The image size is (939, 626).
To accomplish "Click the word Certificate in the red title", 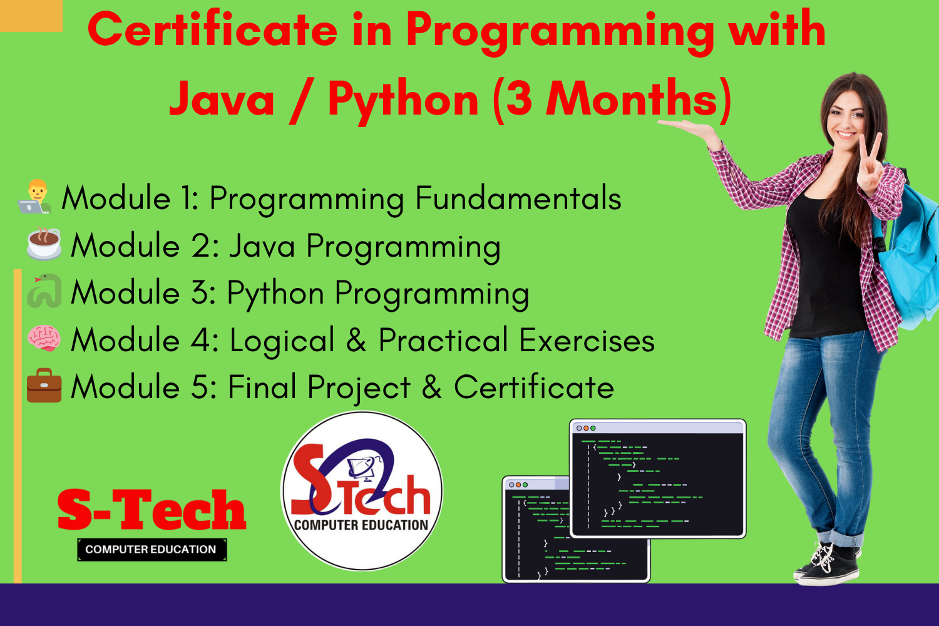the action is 213,30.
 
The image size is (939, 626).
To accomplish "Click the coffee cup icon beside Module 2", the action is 44,244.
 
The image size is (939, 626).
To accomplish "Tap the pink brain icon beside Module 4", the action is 44,339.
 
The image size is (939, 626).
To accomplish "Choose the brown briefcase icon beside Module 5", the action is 44,386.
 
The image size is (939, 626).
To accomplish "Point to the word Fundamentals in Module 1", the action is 518,198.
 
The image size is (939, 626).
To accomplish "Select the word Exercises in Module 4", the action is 587,340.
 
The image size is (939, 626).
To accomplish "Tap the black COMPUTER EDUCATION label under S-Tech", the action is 151,549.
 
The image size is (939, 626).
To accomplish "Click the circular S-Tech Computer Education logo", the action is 361,491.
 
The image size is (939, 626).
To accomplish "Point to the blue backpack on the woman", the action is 910,256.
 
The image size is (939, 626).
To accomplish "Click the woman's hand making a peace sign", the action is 871,166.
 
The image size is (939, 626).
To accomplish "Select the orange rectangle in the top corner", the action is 31,16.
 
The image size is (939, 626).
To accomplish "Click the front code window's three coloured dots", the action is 585,428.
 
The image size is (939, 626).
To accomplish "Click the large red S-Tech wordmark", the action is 151,510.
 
